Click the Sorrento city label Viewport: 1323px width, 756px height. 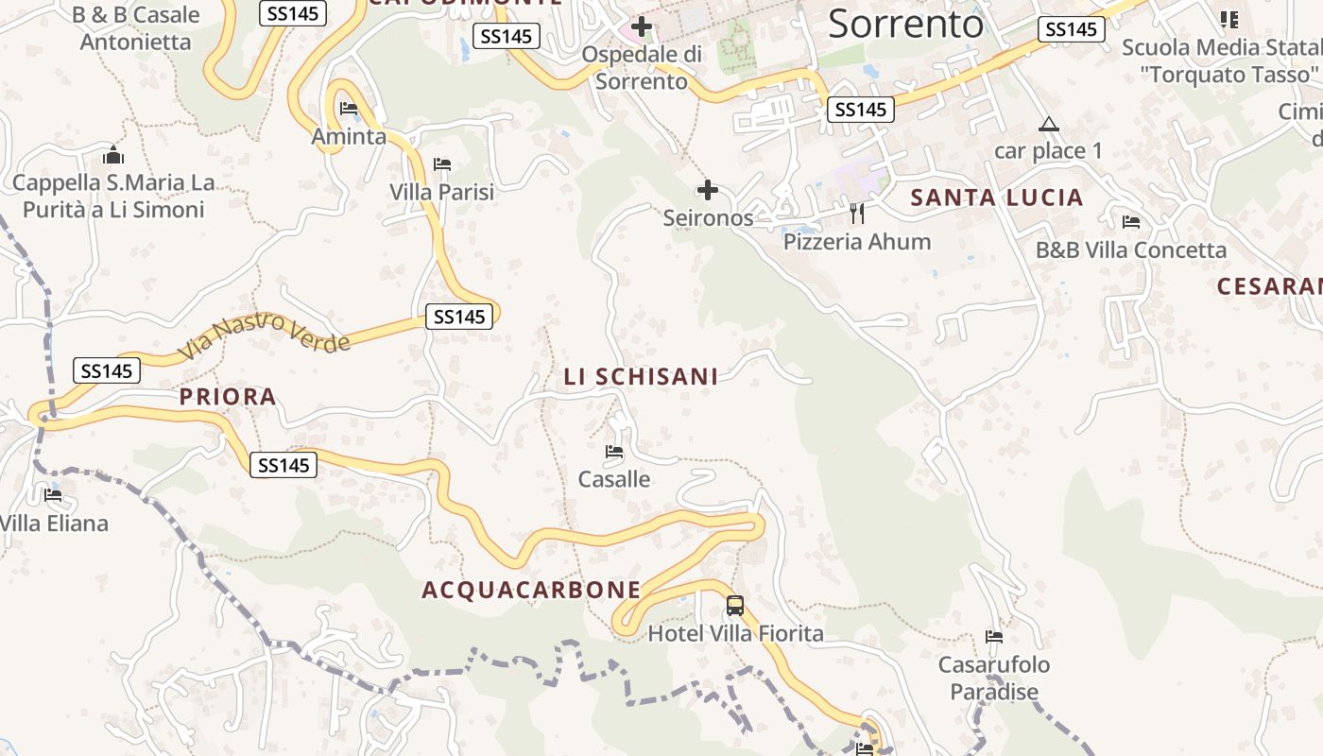coord(905,25)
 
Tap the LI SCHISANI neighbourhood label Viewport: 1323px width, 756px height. coord(641,377)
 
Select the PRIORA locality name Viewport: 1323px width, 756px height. coord(228,397)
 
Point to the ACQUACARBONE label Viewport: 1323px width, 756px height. coord(531,591)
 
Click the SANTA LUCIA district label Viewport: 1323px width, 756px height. coord(996,198)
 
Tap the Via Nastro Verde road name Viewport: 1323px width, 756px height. coord(264,335)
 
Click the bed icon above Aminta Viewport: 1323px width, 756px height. coord(348,109)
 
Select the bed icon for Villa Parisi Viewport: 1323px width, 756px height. coord(441,164)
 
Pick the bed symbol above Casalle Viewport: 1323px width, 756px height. coord(614,452)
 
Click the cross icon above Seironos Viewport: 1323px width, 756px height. coord(707,190)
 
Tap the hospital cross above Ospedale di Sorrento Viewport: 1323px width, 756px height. coord(642,26)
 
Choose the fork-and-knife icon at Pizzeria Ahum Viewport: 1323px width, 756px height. coord(857,214)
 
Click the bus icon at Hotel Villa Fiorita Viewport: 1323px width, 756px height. coord(735,606)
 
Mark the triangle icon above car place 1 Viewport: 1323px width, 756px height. coord(1048,125)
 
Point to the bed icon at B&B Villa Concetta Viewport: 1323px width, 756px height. coord(1130,223)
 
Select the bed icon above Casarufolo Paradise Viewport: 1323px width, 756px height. coord(993,637)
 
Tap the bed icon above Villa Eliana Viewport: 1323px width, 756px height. coord(53,495)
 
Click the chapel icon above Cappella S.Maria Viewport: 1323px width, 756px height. coord(113,155)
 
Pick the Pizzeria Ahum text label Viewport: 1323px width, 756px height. coord(857,242)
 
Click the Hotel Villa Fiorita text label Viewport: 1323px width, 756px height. coord(735,633)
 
